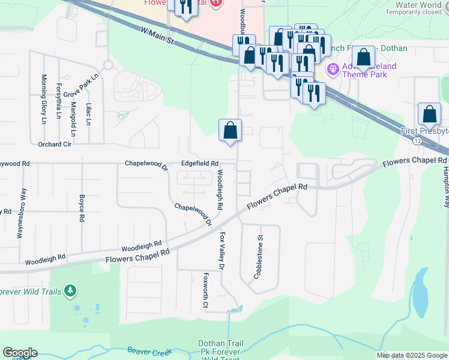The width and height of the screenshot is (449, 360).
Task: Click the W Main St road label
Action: [x=157, y=35]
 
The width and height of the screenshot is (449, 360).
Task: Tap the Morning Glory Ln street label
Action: [x=43, y=99]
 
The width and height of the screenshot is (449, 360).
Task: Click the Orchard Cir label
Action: [x=55, y=144]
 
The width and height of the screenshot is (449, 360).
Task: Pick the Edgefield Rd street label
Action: [x=199, y=163]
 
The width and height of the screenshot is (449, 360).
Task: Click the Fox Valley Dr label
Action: [x=222, y=250]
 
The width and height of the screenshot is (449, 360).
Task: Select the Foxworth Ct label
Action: [x=205, y=291]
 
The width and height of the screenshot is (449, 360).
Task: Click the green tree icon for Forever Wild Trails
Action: [x=71, y=291]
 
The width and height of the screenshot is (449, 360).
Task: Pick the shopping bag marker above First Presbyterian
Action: [x=430, y=114]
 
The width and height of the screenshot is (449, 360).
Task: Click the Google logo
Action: [x=20, y=353]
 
